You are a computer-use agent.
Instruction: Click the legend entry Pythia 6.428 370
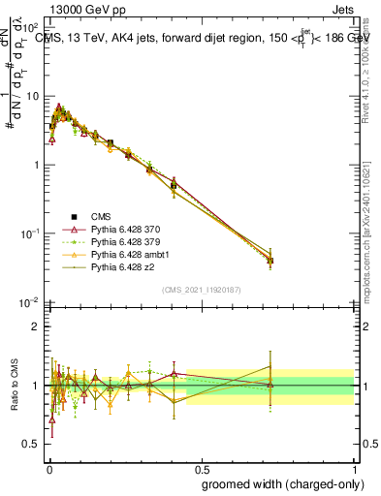point(124,229)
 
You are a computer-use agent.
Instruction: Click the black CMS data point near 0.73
point(270,261)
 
